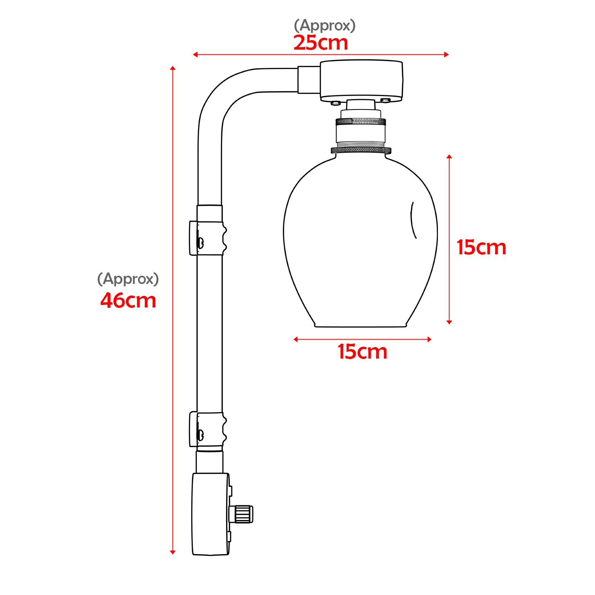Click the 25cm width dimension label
tap(321, 43)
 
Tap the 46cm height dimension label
tap(128, 300)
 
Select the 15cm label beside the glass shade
tap(481, 248)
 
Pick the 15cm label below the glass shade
tap(362, 352)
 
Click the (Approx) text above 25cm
tap(324, 25)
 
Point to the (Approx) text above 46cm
tap(128, 279)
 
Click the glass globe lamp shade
tap(360, 242)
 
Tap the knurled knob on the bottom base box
tap(243, 514)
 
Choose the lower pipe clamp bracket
tap(208, 429)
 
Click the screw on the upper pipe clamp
tap(200, 242)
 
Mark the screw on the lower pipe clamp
tap(201, 435)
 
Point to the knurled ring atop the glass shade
tap(361, 150)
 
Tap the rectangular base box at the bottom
tap(211, 514)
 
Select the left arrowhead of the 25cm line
tap(195, 54)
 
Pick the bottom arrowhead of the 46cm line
tap(173, 552)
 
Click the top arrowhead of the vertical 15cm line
tap(449, 157)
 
